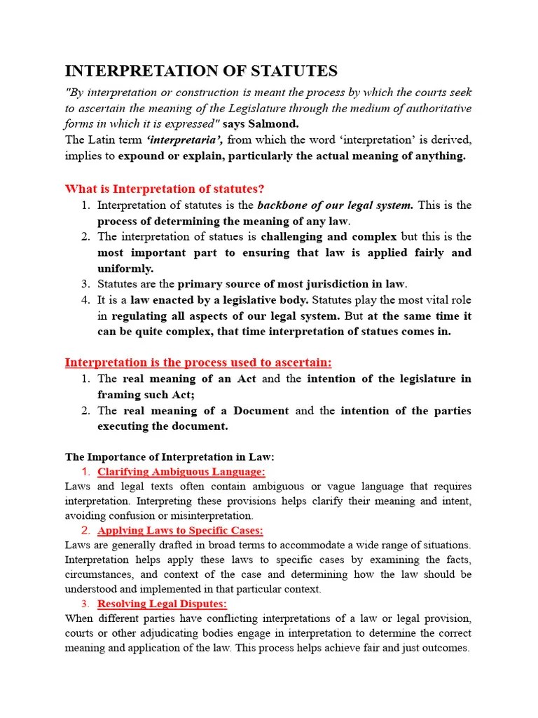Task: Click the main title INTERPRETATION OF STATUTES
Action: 201,71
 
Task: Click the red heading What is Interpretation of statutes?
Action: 165,189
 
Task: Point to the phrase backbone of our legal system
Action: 336,205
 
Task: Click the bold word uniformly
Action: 125,269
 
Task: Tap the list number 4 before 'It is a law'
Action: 85,300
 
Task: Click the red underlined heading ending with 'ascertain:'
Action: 198,363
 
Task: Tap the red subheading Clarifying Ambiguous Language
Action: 181,472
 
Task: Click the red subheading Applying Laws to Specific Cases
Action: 180,530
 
